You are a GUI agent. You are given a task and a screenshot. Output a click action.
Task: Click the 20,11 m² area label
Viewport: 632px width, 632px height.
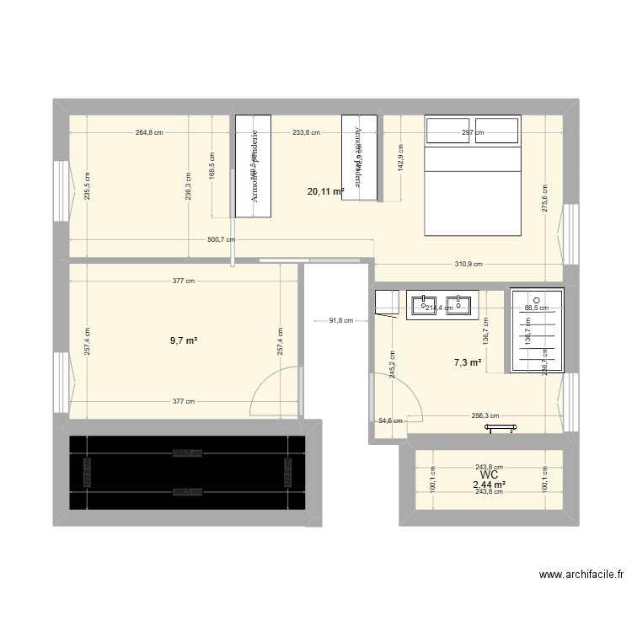(325, 192)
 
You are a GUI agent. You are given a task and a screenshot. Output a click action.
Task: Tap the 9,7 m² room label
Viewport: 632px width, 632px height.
(184, 340)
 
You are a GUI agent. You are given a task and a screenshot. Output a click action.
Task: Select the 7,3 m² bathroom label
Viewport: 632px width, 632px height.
(468, 362)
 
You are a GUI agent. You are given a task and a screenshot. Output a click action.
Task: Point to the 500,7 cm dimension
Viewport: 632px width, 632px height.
(222, 239)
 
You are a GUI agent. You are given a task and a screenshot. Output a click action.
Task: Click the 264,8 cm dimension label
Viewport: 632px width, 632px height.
(147, 132)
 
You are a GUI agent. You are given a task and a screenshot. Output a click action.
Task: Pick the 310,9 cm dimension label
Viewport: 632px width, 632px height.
(469, 264)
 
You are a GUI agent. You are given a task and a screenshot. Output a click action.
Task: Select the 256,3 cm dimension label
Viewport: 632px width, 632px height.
(485, 415)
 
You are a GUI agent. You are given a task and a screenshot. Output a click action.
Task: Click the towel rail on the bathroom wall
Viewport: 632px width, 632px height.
(499, 429)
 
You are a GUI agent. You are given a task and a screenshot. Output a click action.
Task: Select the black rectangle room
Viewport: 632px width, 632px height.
(187, 473)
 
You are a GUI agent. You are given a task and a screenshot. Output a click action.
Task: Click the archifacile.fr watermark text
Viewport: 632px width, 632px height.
(581, 576)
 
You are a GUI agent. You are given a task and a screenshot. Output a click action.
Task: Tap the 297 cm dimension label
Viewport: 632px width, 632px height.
(473, 132)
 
